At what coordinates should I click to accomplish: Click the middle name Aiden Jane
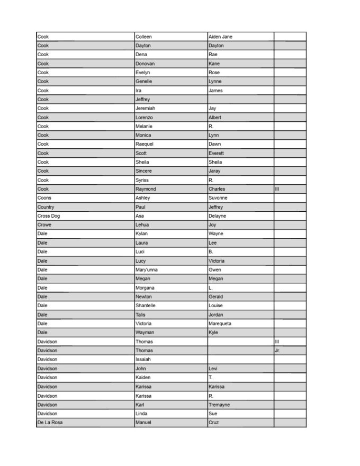(220, 37)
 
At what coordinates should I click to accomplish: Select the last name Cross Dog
(48, 216)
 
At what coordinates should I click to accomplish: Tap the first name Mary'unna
(147, 270)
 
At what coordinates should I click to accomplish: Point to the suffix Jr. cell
(277, 351)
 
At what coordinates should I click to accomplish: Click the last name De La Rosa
(50, 423)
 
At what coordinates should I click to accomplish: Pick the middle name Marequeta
(220, 324)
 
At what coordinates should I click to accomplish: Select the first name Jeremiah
(145, 108)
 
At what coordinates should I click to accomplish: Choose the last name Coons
(44, 198)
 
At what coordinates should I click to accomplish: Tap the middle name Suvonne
(218, 198)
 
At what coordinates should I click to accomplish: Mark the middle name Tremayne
(220, 405)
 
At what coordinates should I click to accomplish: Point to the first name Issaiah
(144, 360)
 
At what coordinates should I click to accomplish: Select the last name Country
(46, 207)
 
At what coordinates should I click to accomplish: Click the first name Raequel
(146, 144)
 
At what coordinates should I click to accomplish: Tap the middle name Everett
(217, 153)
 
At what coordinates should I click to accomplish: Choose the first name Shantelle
(146, 306)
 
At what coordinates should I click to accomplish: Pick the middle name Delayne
(218, 216)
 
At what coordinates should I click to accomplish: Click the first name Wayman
(145, 333)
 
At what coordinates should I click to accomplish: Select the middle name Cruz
(214, 423)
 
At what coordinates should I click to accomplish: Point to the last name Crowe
(44, 225)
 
